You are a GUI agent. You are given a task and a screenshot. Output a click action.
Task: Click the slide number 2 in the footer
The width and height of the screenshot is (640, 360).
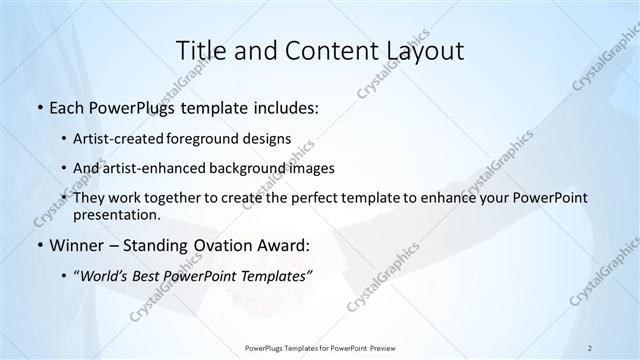click(590, 347)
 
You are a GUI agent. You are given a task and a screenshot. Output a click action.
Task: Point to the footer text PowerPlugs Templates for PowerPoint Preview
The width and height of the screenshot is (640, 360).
click(319, 347)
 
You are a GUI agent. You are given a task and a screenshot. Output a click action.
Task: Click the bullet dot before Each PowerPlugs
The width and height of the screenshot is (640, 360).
click(38, 108)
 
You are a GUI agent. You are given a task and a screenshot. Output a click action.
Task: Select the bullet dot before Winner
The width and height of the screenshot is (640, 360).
click(38, 245)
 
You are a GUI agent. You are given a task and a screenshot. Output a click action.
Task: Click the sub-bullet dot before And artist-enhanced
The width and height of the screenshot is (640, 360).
click(66, 168)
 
